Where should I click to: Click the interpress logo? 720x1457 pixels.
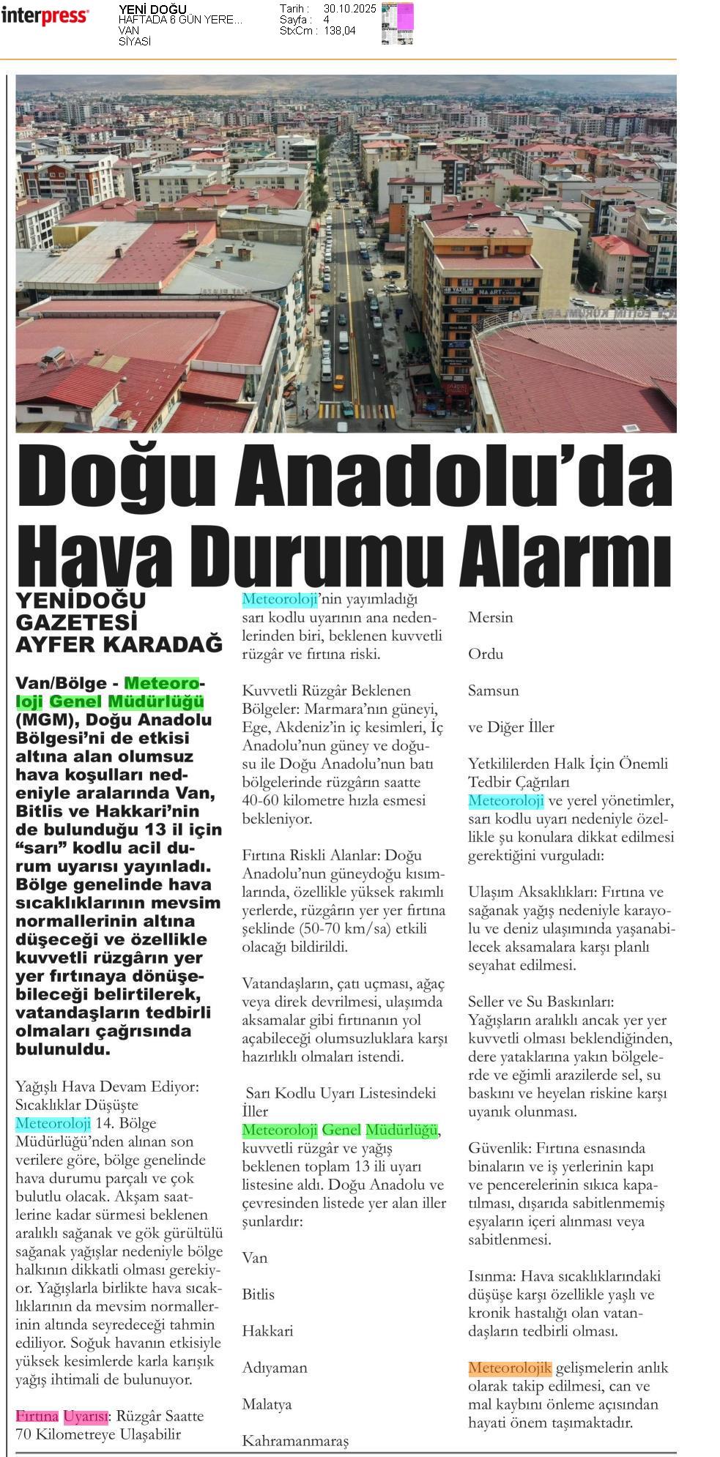45,16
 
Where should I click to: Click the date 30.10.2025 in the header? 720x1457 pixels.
349,9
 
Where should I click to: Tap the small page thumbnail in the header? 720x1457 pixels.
397,23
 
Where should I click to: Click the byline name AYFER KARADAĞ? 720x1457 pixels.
119,645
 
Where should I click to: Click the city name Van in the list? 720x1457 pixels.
255,1258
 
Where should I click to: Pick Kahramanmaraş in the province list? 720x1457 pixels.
295,1441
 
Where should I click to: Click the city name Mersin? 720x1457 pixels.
490,617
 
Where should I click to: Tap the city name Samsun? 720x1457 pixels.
493,690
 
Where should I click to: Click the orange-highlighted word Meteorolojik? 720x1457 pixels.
509,1368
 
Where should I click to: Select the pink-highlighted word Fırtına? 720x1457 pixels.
37,1415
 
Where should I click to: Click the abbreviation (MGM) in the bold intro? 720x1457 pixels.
44,720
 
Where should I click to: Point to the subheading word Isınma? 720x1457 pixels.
494,1276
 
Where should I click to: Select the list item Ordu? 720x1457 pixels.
486,654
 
